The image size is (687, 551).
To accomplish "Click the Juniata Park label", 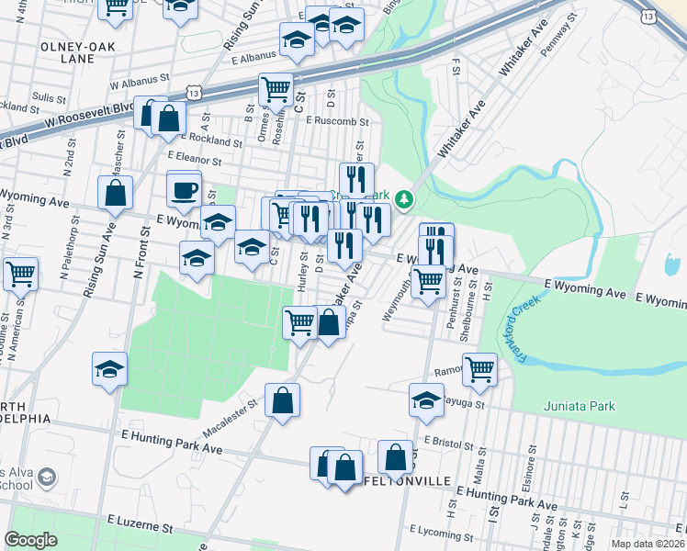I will click(579, 405).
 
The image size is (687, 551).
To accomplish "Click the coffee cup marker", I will click(184, 190).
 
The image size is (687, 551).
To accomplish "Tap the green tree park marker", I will click(402, 198).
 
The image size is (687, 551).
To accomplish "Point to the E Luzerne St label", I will click(140, 528).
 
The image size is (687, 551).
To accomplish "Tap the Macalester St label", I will click(227, 412).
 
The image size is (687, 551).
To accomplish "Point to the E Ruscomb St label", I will click(337, 120).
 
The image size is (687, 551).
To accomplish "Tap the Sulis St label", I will click(44, 96).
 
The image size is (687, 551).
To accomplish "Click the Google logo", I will click(30, 540).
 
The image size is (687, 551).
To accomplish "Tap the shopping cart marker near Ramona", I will click(479, 369).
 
